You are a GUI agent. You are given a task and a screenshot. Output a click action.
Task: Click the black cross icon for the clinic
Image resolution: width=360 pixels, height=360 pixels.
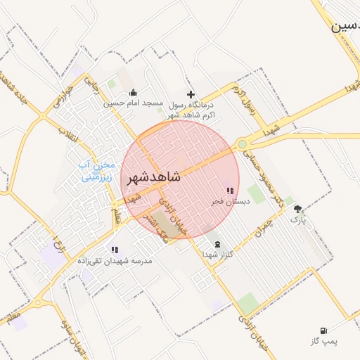tap(190, 94)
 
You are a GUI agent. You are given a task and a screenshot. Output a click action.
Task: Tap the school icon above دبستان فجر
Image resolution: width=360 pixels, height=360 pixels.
tap(229, 191)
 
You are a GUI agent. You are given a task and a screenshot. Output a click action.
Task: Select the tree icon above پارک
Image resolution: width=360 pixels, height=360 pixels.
tap(297, 209)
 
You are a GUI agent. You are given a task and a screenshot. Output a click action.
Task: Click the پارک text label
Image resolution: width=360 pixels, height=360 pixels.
tap(299, 219)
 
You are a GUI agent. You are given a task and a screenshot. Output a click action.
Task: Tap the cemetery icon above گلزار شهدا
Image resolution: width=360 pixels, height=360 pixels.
tap(216, 244)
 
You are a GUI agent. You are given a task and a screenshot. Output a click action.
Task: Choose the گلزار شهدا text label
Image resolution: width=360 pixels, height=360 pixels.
tap(217, 254)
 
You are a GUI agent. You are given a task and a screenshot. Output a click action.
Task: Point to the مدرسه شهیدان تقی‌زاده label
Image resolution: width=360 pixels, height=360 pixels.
tap(115, 260)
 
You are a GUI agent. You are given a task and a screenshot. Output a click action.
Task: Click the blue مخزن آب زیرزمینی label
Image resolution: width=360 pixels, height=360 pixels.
tap(97, 171)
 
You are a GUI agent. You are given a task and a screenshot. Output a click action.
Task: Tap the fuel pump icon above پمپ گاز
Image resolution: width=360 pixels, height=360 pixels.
tap(323, 330)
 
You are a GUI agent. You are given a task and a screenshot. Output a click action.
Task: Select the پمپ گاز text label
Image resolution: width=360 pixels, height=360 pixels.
tap(325, 342)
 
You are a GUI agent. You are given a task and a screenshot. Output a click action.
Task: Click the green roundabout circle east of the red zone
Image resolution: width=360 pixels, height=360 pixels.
tap(243, 144)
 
